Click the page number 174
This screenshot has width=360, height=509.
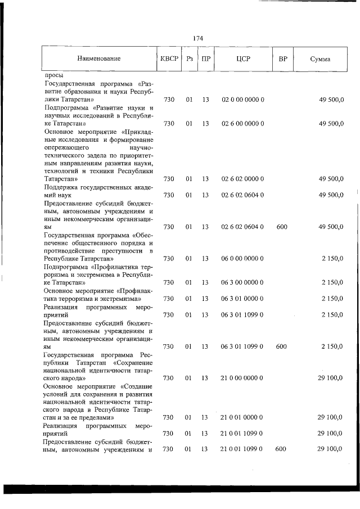click(x=197, y=38)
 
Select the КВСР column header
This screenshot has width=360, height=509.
click(x=168, y=58)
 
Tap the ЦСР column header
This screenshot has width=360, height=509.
click(x=243, y=58)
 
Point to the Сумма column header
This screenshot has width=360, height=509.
click(x=320, y=58)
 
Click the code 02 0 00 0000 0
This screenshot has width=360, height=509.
click(x=243, y=100)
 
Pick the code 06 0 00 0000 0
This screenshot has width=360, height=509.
click(x=243, y=259)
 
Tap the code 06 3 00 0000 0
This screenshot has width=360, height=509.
click(x=243, y=282)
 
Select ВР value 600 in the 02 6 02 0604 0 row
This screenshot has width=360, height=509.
click(x=282, y=227)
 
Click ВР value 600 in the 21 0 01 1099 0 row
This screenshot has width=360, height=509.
click(x=282, y=449)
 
